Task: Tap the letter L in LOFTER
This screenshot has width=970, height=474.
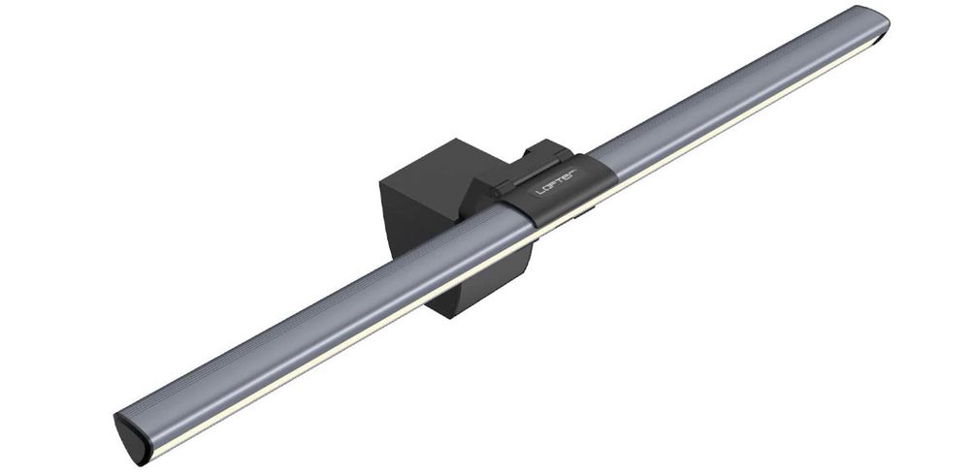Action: pyautogui.click(x=540, y=191)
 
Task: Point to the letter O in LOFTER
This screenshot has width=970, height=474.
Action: pyautogui.click(x=548, y=187)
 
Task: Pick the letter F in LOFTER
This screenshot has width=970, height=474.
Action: pyautogui.click(x=556, y=184)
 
